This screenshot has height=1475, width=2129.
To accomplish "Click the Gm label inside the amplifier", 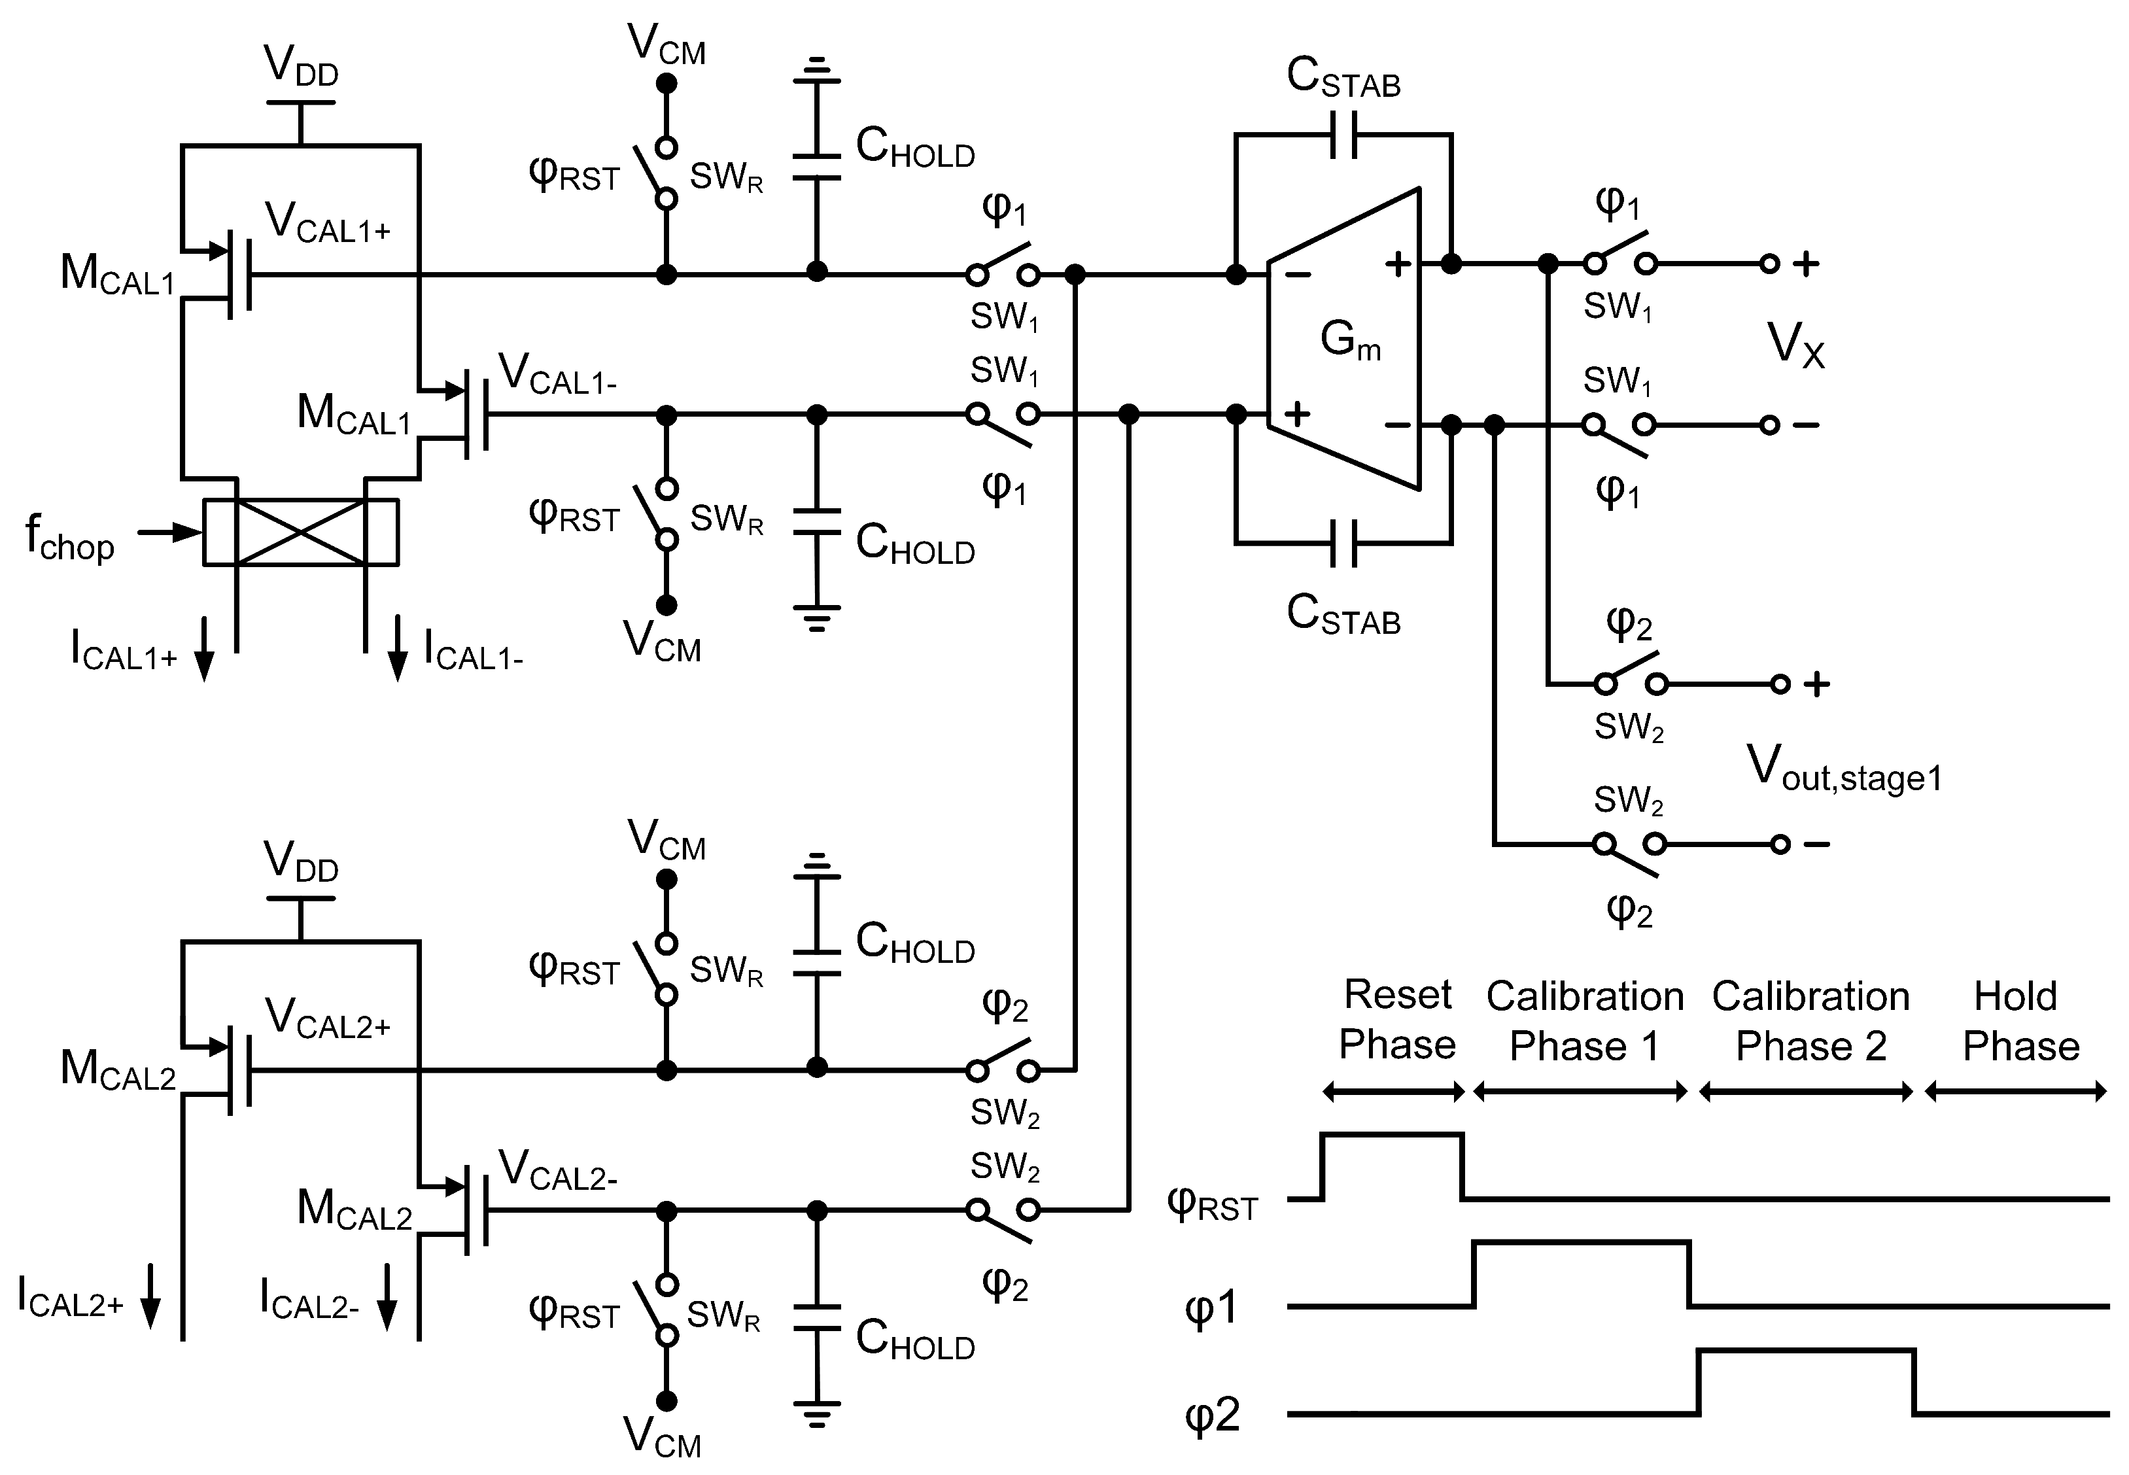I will point(1349,340).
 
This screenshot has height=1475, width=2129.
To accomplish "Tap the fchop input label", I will point(69,538).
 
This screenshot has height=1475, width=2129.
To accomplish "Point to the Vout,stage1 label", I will point(1843,769).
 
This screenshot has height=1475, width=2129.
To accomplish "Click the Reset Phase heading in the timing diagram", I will point(1396,1019).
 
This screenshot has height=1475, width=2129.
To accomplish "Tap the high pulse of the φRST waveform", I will point(1393,1135).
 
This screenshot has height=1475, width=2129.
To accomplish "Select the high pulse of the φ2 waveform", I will point(1806,1351).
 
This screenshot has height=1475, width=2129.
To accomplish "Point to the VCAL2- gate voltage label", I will point(557,1170).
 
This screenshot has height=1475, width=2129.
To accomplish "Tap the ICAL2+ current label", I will point(70,1296).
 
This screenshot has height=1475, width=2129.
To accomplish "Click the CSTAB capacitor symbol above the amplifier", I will point(1343,135).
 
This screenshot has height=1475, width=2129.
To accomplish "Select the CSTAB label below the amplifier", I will point(1343,615).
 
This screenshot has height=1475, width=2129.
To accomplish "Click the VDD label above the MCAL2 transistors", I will point(302,860).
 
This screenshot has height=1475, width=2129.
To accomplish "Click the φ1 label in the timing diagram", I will point(1211,1309).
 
